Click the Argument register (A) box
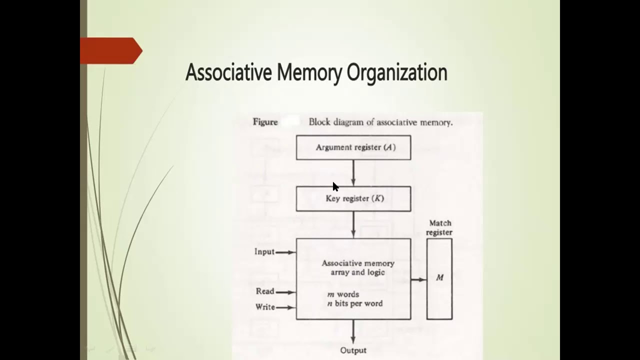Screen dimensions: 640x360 pyautogui.click(x=353, y=147)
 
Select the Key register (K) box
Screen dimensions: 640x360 pyautogui.click(x=353, y=199)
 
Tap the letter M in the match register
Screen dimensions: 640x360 pyautogui.click(x=439, y=277)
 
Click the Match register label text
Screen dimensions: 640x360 pyautogui.click(x=439, y=227)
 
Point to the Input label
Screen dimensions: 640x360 pyautogui.click(x=264, y=251)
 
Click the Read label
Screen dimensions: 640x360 pyautogui.click(x=265, y=291)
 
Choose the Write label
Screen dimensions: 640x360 pyautogui.click(x=265, y=307)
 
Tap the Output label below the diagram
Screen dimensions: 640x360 pyautogui.click(x=353, y=350)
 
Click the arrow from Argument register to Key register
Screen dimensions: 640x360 pyautogui.click(x=353, y=173)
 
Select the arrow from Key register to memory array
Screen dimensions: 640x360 pyautogui.click(x=353, y=225)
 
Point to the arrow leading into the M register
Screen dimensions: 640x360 pyautogui.click(x=419, y=279)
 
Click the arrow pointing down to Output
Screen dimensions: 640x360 pyautogui.click(x=353, y=331)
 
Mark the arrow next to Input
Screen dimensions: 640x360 pyautogui.click(x=285, y=252)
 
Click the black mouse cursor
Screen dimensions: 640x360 pyautogui.click(x=335, y=186)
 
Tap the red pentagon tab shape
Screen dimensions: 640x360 pyautogui.click(x=111, y=50)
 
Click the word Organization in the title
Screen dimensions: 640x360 pyautogui.click(x=397, y=73)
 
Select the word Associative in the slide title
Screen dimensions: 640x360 pyautogui.click(x=228, y=72)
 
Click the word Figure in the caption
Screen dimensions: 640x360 pyautogui.click(x=265, y=122)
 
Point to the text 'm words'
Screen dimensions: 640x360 pyautogui.click(x=343, y=294)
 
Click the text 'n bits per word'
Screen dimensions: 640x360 pyautogui.click(x=355, y=303)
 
